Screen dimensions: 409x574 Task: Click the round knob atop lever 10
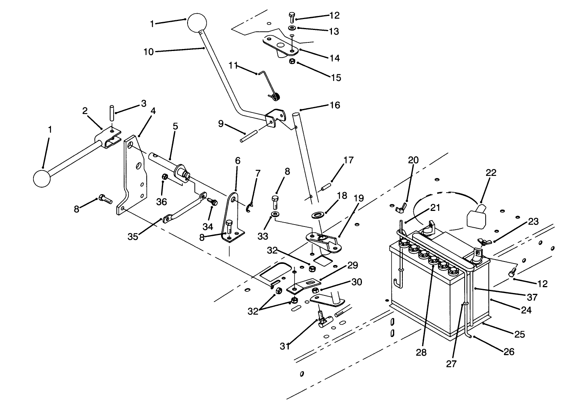tap(198, 23)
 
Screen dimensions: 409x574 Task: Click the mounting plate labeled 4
tap(132, 175)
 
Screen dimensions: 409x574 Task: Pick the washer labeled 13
tap(292, 28)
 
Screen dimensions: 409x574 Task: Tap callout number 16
tap(334, 105)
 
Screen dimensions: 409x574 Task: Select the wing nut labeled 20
tap(400, 208)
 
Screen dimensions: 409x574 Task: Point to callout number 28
tap(421, 352)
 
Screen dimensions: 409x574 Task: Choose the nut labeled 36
tap(165, 177)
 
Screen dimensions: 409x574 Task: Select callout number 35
tap(133, 236)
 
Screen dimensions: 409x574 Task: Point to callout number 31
tap(285, 346)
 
